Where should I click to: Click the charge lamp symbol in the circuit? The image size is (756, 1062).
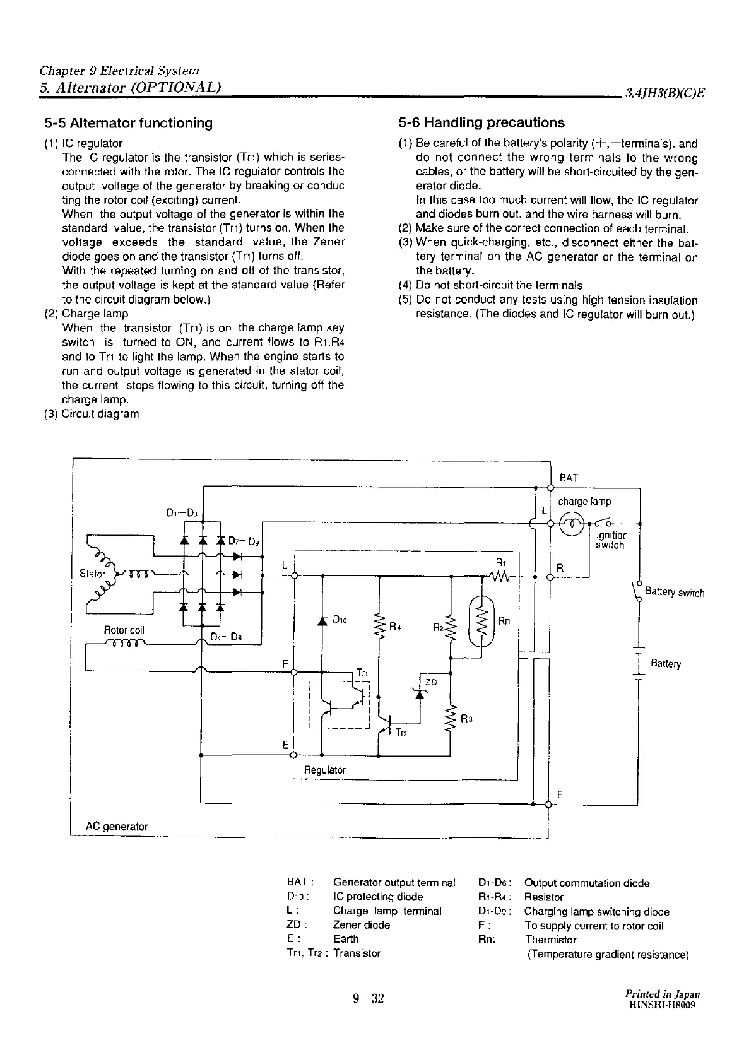572,523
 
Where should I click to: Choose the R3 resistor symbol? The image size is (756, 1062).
451,719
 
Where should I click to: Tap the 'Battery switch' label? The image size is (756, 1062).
675,593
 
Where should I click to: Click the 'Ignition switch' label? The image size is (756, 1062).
611,540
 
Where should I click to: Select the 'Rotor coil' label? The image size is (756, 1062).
124,630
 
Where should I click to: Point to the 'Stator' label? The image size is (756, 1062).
92,574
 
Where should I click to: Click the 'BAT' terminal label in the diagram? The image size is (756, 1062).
569,478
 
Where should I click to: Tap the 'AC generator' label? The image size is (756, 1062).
117,826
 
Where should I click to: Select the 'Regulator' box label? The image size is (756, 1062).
325,770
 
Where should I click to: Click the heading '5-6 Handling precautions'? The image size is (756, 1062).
481,122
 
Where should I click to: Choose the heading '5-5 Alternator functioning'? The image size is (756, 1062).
128,122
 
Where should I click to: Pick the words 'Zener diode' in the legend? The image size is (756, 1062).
362,925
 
